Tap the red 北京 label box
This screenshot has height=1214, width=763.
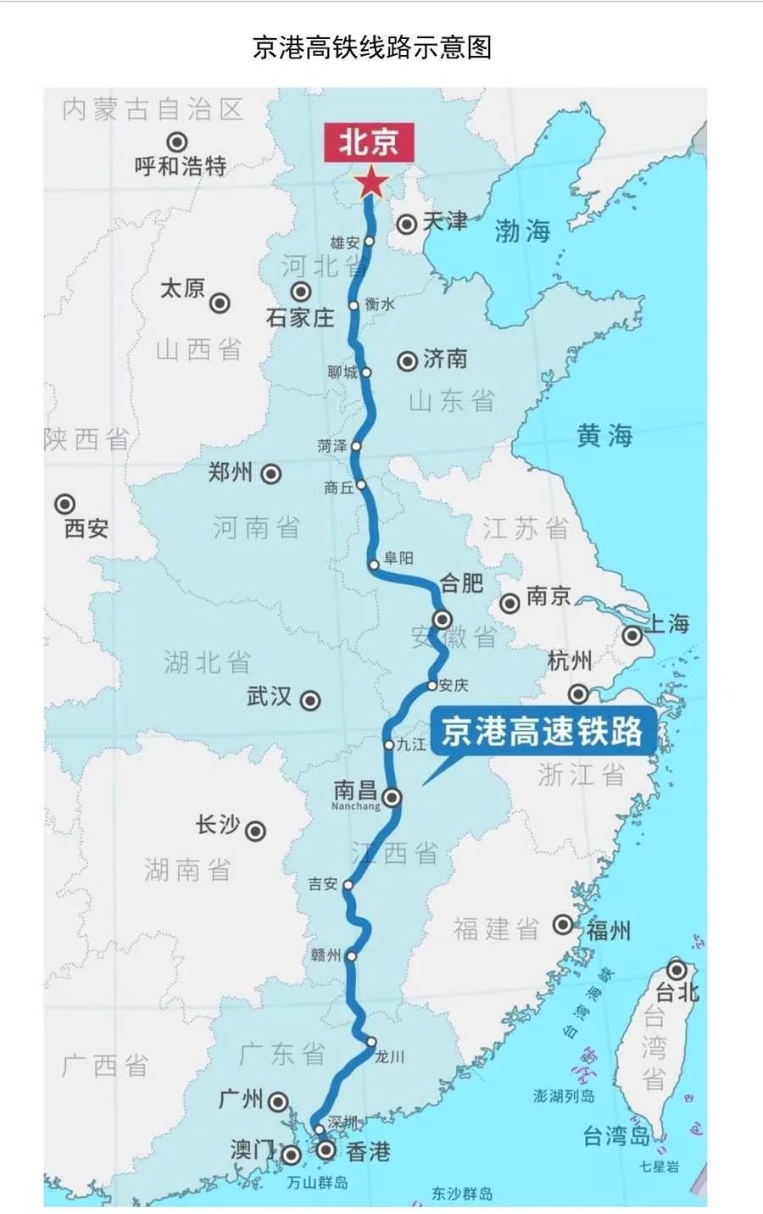[368, 142]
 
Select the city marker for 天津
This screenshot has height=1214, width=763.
[407, 223]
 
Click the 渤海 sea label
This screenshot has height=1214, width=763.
[522, 231]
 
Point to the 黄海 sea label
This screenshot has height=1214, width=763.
[604, 436]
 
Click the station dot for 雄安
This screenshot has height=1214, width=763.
[369, 242]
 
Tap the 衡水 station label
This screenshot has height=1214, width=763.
[380, 303]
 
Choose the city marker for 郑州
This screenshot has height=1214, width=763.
[270, 474]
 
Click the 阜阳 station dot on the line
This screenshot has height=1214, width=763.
[374, 564]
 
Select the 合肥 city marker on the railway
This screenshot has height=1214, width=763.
[442, 618]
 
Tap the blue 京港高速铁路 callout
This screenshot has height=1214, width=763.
[543, 732]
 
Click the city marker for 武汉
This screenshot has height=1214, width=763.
[310, 700]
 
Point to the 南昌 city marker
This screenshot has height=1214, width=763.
[392, 797]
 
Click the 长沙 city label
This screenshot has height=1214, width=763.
[218, 824]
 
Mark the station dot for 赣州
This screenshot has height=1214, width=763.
[351, 955]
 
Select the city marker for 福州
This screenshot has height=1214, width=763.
[563, 924]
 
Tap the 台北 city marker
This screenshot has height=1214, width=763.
[677, 970]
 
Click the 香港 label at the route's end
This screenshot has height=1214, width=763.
[368, 1151]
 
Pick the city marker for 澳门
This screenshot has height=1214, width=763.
[291, 1155]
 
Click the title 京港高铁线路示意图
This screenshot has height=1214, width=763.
[372, 47]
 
